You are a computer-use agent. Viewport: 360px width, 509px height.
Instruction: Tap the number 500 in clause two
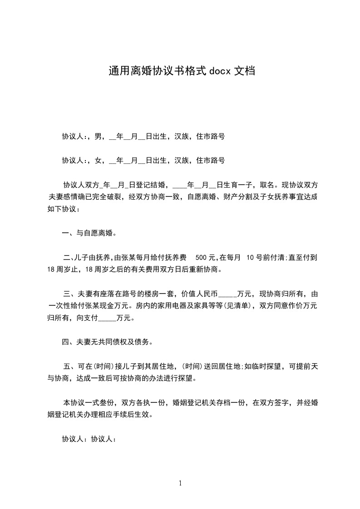tap(201, 257)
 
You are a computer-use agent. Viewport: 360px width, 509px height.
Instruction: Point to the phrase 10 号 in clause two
tap(253, 257)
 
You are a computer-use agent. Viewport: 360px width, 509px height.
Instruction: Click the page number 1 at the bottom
tap(180, 483)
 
